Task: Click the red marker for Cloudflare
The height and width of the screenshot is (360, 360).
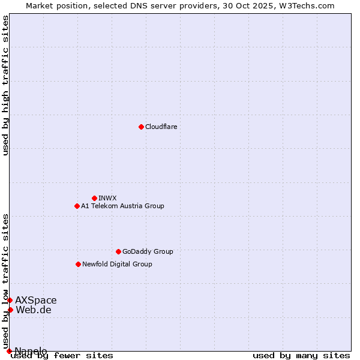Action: click(x=141, y=127)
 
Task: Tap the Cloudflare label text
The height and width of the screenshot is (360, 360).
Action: click(x=161, y=127)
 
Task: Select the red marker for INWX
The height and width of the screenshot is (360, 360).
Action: click(x=94, y=198)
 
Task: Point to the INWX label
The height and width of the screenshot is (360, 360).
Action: click(x=107, y=198)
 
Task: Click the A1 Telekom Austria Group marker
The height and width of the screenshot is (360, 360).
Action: click(x=77, y=206)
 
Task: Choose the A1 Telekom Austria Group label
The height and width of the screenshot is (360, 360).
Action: click(x=122, y=206)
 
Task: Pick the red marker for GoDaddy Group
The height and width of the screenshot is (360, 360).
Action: click(x=118, y=251)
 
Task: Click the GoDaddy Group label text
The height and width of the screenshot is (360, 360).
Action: click(x=147, y=251)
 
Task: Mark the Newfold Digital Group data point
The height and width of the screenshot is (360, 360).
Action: click(x=78, y=264)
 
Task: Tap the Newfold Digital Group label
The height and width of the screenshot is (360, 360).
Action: click(x=117, y=264)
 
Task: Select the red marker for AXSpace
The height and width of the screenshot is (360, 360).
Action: click(x=10, y=300)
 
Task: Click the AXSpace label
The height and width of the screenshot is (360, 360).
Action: click(x=36, y=300)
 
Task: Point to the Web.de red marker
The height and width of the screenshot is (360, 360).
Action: click(x=10, y=310)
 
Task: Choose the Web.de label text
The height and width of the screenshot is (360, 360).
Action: click(x=34, y=310)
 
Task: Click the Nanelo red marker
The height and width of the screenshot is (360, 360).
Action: click(x=9, y=351)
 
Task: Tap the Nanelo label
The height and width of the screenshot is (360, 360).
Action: click(x=31, y=351)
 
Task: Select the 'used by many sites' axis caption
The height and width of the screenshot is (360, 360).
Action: click(x=301, y=355)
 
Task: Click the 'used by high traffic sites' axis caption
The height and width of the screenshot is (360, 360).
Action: click(x=6, y=85)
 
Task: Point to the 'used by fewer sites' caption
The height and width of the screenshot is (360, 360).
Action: click(x=62, y=355)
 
